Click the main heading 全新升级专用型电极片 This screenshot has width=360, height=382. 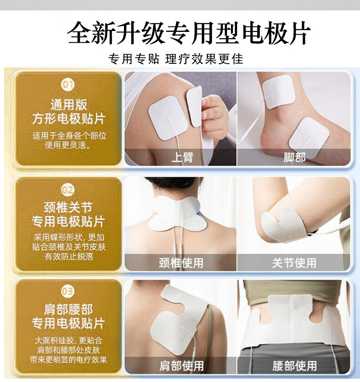coord(189,33)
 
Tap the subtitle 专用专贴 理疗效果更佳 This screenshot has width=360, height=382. coord(175,59)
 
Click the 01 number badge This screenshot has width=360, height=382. coord(67,85)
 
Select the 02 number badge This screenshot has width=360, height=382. coord(67,190)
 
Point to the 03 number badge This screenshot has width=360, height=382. coord(67,291)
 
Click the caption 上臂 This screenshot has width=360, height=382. coord(182,158)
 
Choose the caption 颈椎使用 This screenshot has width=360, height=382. coord(181,263)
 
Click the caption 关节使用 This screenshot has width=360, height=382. coord(294,263)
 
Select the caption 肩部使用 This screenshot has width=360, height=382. coord(181,366)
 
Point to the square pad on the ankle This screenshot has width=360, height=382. coord(279,92)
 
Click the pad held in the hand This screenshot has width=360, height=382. coord(195,106)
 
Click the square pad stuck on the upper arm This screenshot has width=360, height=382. coord(168,117)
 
